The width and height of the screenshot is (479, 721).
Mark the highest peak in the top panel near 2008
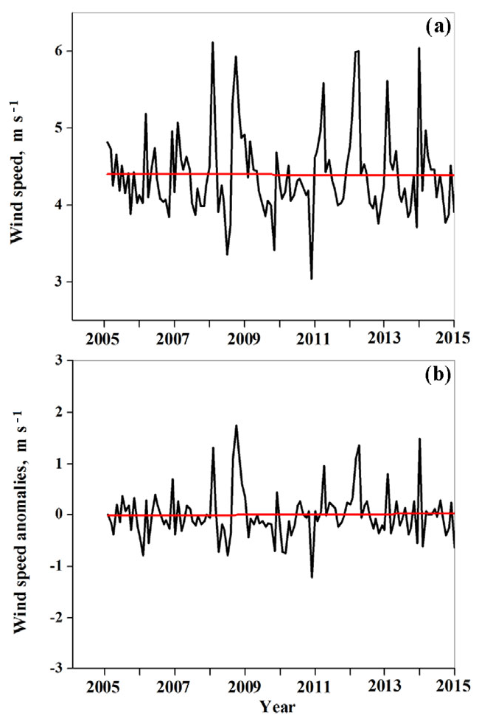point(213,43)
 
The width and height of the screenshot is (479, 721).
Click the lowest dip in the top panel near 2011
point(312,279)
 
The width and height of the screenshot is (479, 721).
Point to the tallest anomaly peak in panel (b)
point(237,425)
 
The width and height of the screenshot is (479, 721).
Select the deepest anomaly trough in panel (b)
point(312,577)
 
